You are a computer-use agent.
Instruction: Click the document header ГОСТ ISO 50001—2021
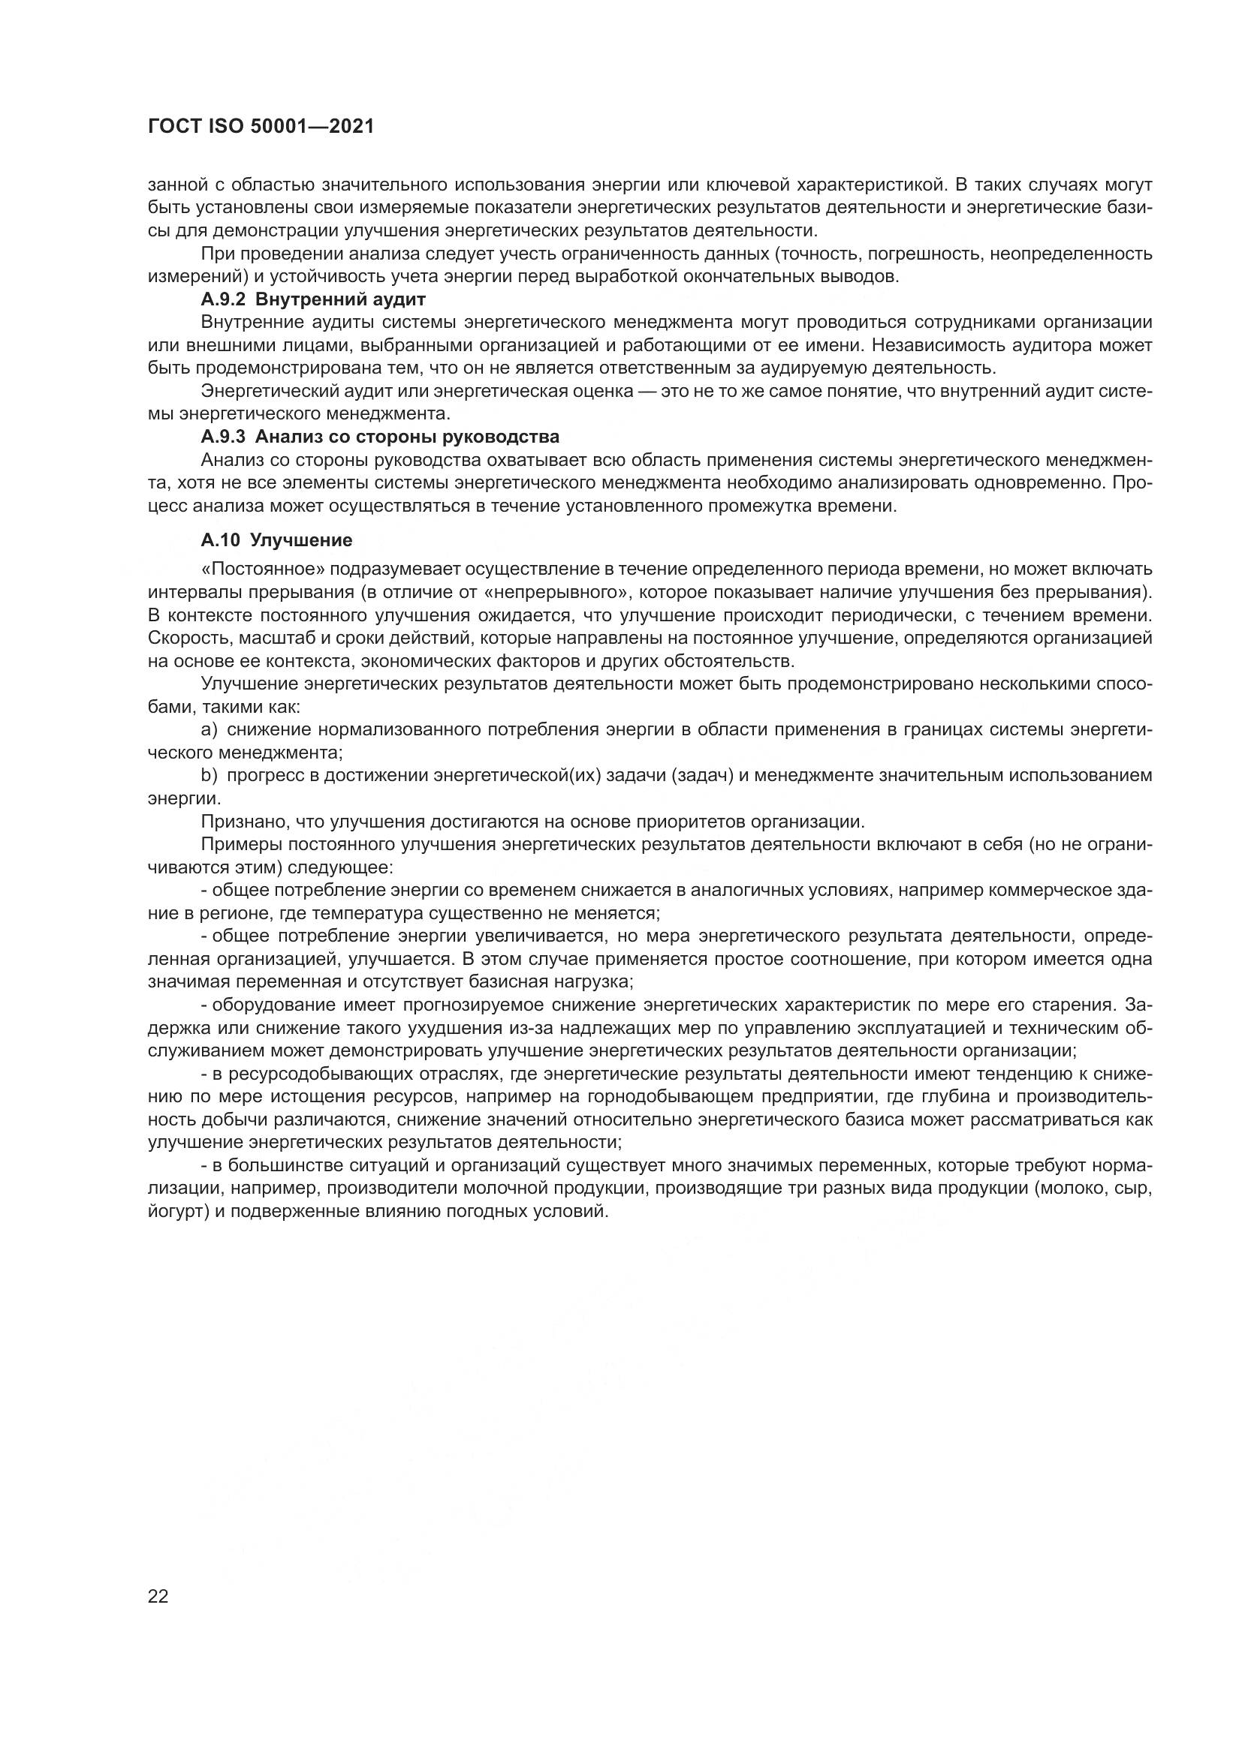(261, 127)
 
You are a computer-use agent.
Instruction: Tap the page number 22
(158, 1597)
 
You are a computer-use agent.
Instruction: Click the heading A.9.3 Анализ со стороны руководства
(380, 437)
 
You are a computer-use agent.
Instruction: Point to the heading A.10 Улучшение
(276, 540)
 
